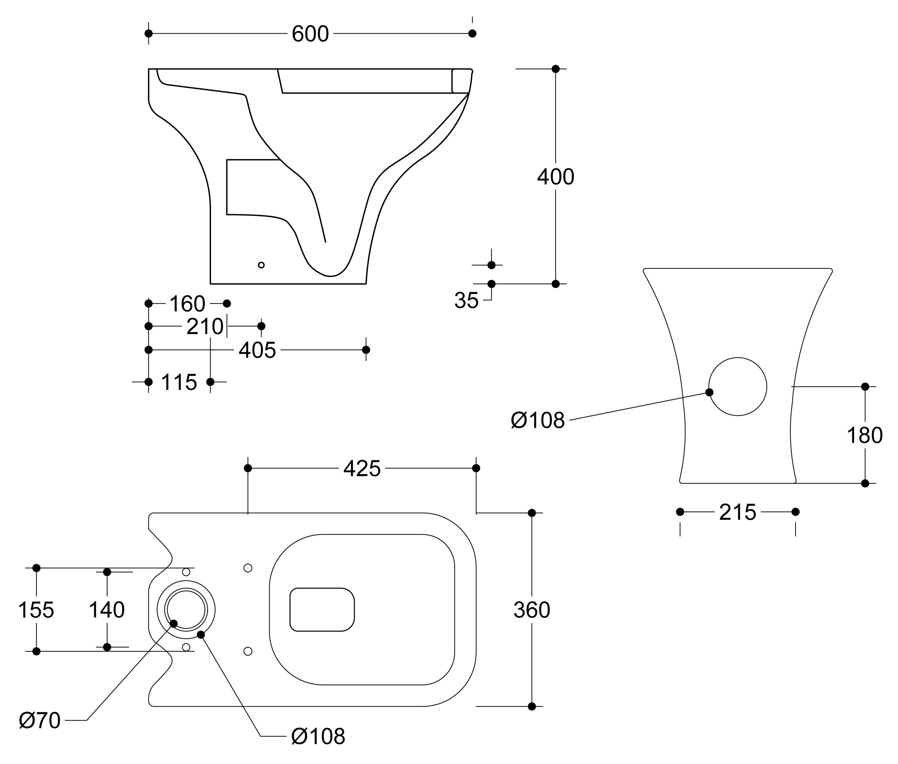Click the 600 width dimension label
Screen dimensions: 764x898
point(310,34)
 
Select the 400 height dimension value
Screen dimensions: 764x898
point(555,177)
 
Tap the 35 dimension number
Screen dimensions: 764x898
point(466,300)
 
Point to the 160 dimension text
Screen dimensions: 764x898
point(187,304)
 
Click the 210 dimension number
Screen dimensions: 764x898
point(205,327)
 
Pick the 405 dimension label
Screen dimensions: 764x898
point(257,350)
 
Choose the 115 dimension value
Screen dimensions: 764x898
point(179,383)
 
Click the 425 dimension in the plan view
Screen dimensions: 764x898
point(362,469)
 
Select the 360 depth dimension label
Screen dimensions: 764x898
point(532,610)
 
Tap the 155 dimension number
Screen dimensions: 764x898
point(36,610)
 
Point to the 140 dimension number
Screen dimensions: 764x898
point(107,610)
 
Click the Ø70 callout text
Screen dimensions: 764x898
point(40,721)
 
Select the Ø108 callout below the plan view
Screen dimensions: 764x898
point(318,736)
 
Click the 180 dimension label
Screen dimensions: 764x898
point(864,435)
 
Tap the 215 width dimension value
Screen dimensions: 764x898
point(738,512)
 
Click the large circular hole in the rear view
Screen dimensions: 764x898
point(738,386)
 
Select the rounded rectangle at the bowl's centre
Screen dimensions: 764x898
point(322,609)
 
